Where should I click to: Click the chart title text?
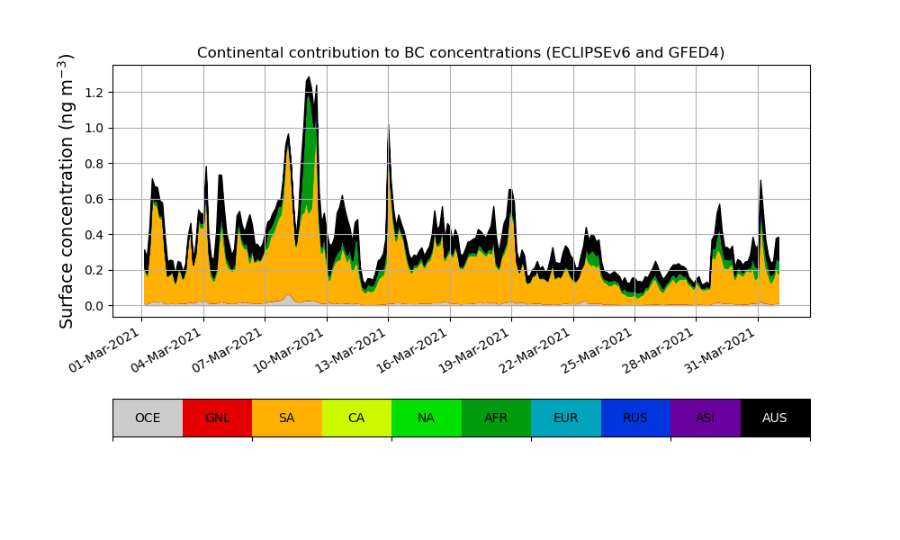(461, 52)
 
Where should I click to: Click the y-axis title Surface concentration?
(67, 191)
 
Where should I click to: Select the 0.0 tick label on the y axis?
(94, 306)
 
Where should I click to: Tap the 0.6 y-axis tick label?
(94, 199)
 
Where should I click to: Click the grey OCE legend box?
(148, 418)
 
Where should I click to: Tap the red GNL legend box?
(217, 418)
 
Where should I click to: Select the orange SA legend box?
(287, 418)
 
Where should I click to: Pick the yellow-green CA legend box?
(356, 418)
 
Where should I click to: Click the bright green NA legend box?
(427, 418)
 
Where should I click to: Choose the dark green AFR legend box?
(496, 418)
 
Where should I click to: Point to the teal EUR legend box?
(566, 418)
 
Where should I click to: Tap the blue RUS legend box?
(635, 418)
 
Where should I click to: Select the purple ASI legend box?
(706, 418)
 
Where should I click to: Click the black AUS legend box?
(775, 418)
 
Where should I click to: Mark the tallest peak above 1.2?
(309, 78)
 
